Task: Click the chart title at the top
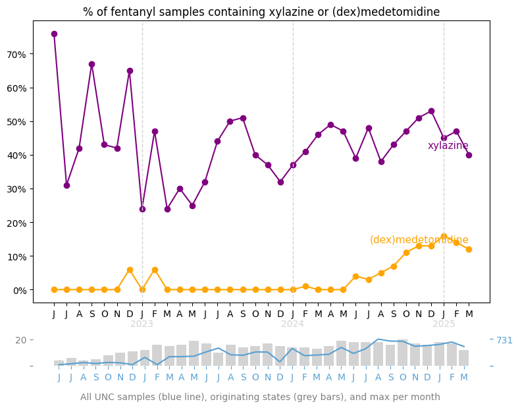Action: click(261, 12)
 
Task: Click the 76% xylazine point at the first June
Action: click(54, 34)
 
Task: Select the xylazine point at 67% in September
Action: click(91, 64)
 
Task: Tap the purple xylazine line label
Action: click(448, 146)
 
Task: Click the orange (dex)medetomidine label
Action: click(419, 240)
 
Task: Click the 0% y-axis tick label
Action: click(18, 290)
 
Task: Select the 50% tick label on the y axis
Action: click(16, 121)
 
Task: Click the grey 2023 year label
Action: click(142, 324)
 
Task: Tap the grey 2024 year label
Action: click(293, 324)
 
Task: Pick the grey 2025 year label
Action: click(444, 324)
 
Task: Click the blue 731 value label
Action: click(504, 340)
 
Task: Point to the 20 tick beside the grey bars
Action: click(21, 340)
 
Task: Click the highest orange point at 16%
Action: click(444, 236)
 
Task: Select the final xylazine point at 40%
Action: click(469, 155)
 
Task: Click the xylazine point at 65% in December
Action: click(130, 71)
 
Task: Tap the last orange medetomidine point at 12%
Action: click(469, 249)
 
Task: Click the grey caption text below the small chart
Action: click(260, 397)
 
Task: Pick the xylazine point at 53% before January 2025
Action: click(431, 111)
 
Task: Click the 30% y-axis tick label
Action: click(16, 189)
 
